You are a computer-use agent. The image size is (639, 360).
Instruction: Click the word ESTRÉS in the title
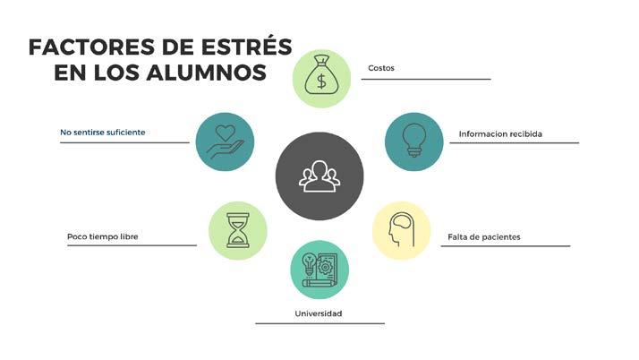tap(244, 46)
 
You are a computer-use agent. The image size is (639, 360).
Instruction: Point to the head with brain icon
tap(401, 230)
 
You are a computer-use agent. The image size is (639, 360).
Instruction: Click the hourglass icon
tap(238, 230)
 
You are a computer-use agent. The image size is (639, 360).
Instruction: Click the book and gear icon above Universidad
tap(319, 270)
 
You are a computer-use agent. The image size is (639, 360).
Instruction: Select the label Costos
tap(381, 68)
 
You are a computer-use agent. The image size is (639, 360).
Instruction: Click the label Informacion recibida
tap(500, 134)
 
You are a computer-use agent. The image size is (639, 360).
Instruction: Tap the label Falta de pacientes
tap(484, 237)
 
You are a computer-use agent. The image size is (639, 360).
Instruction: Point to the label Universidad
tap(319, 313)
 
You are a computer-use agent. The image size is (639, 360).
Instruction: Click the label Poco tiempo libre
tap(103, 237)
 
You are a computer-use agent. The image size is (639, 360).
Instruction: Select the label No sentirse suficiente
tap(102, 133)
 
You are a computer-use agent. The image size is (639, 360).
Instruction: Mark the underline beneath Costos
tap(426, 80)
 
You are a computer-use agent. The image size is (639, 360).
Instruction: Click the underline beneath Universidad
tap(319, 323)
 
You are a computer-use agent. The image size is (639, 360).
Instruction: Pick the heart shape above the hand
tap(226, 133)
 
